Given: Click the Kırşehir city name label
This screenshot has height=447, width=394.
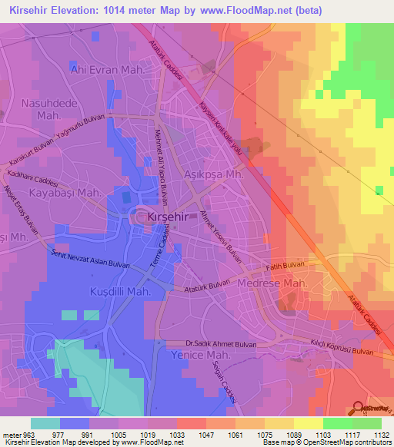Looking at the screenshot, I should click(165, 217).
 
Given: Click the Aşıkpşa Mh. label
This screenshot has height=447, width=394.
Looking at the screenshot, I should click(214, 174).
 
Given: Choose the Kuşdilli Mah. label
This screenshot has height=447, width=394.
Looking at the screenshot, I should click(111, 293).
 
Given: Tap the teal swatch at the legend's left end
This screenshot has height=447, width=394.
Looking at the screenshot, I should click(45, 423).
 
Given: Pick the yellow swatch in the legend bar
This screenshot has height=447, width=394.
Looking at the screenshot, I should click(308, 423).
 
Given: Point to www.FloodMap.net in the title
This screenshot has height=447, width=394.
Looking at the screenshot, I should click(249, 10).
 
